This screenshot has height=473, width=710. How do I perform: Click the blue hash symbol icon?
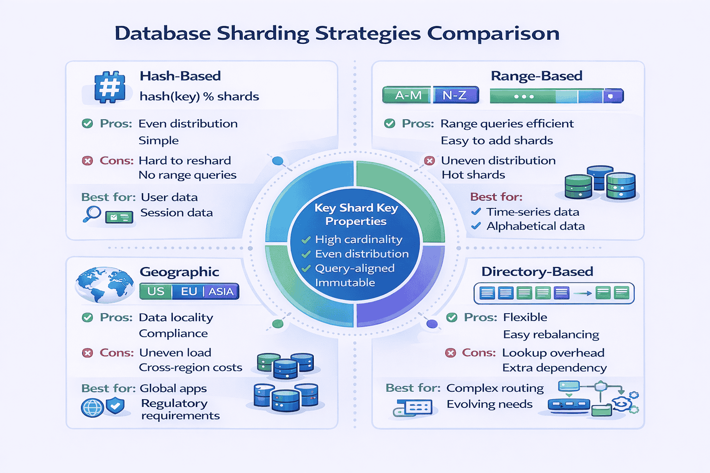tap(110, 86)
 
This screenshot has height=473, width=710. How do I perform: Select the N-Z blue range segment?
tap(455, 95)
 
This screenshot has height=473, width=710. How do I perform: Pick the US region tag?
tap(156, 291)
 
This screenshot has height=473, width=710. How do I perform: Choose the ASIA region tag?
tap(221, 291)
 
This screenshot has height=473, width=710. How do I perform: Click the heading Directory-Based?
tap(537, 272)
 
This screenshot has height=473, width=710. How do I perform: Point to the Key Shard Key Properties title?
tap(355, 214)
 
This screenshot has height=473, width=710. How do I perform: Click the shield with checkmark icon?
tap(115, 406)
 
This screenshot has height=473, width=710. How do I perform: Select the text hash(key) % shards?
tap(199, 97)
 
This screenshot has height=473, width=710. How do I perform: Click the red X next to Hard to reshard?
tap(87, 161)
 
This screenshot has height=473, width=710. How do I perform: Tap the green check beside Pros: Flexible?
tap(452, 317)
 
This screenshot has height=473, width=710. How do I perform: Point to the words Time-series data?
tap(532, 212)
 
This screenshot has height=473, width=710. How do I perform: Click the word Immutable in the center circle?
tap(345, 283)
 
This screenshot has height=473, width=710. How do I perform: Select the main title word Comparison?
tap(493, 33)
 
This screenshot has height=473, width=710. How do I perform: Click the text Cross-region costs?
tap(190, 368)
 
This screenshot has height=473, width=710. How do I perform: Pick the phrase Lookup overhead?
tap(553, 353)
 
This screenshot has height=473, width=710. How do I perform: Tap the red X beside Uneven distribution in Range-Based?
tap(429, 161)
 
